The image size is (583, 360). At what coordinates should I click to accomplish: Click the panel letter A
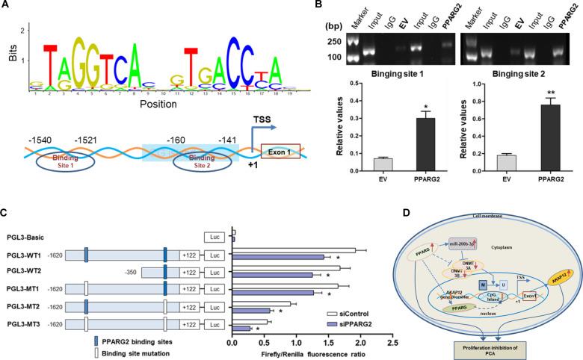click(6, 5)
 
